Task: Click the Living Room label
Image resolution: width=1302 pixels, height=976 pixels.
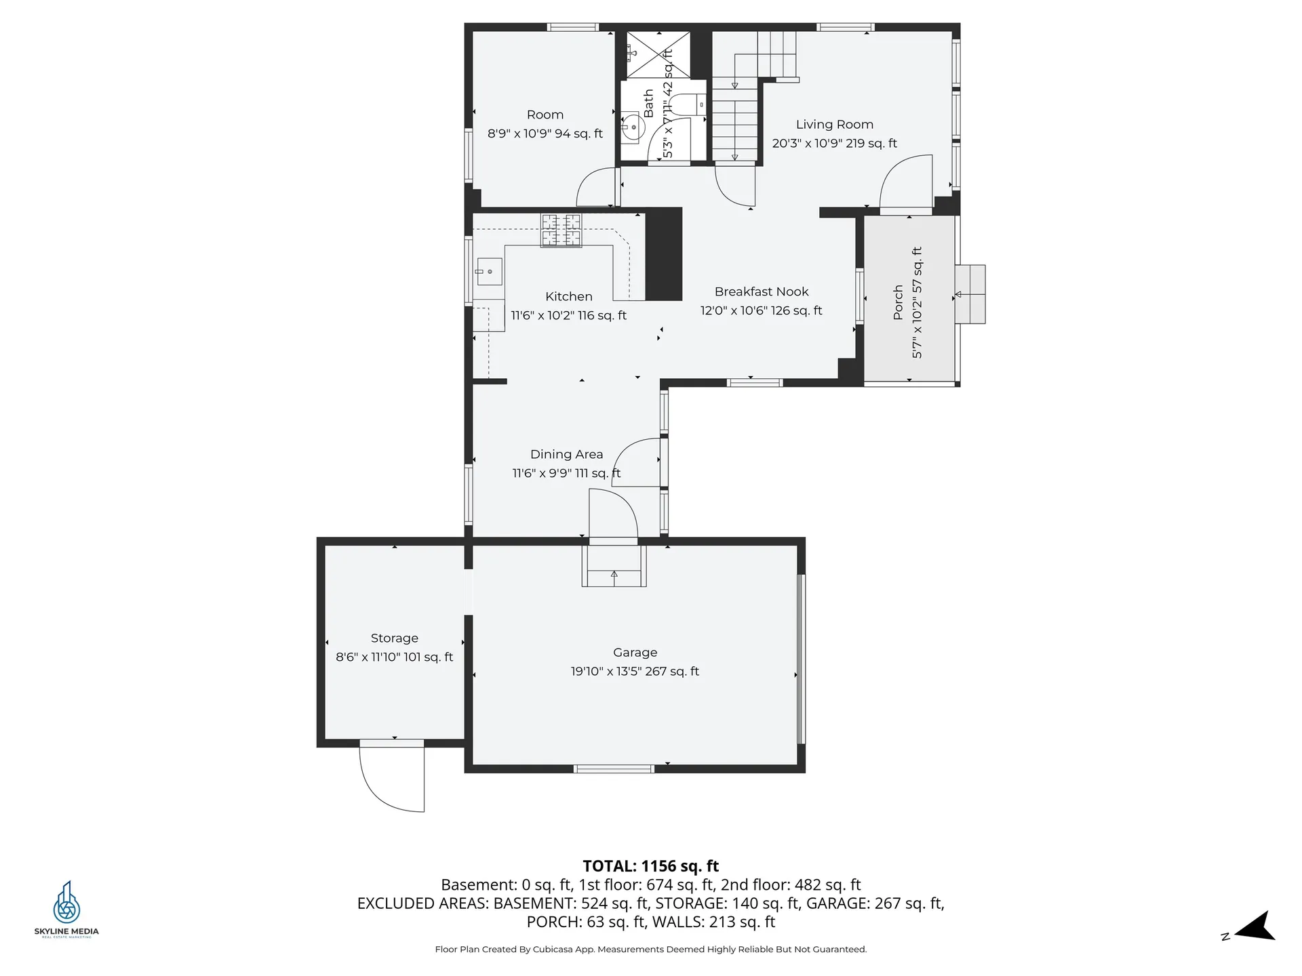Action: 834,125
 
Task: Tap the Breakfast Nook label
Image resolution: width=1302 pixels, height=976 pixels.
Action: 762,292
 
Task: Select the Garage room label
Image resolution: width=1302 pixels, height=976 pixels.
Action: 635,653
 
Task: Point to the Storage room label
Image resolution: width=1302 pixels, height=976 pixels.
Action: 394,638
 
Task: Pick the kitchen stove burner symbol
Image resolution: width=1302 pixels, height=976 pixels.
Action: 561,230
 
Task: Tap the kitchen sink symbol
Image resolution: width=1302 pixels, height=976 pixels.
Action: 488,272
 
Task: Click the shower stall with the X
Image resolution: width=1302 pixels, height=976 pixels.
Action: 658,54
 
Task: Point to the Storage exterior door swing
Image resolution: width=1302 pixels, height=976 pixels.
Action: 392,777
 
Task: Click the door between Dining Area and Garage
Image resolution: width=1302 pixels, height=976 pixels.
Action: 613,515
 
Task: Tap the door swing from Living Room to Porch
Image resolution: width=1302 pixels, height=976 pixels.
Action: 906,182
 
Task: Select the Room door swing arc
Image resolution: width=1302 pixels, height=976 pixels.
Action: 596,186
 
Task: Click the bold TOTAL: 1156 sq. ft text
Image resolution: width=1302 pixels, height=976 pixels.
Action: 651,866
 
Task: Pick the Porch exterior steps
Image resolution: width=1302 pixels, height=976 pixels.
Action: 970,294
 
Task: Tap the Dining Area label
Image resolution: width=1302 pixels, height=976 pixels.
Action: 566,455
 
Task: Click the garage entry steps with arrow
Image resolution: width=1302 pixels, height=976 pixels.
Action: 614,567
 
